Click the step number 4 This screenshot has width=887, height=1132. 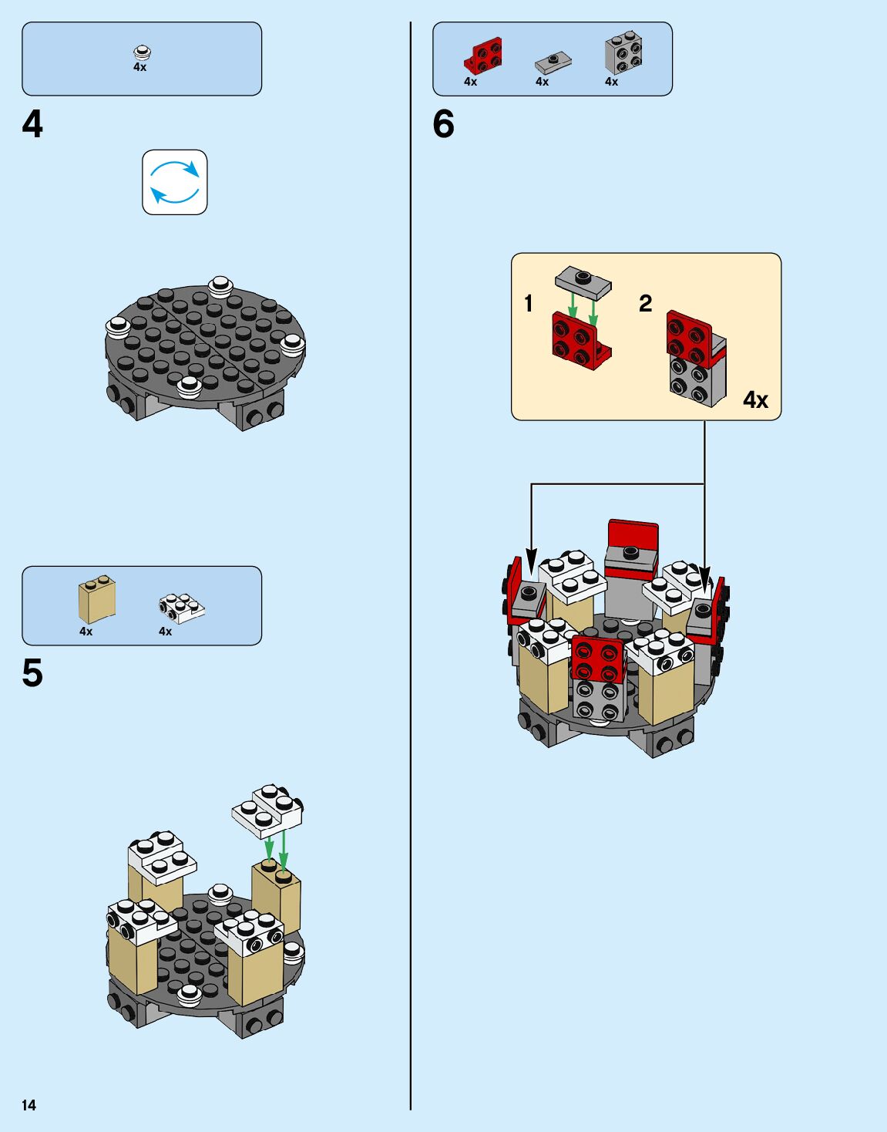(32, 125)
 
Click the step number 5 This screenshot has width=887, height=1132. (32, 673)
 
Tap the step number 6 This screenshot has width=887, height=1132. (443, 125)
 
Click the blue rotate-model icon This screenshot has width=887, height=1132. (175, 182)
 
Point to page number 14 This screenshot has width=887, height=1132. (29, 1105)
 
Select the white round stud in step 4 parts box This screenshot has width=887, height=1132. (142, 52)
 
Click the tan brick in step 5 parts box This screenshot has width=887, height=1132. (97, 600)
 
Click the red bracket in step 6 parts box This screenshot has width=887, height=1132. (484, 56)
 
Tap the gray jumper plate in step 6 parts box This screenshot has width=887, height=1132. (553, 60)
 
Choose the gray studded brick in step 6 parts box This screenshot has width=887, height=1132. (623, 53)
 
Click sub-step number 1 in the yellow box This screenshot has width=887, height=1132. (529, 304)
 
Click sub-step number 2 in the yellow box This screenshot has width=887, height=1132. (645, 303)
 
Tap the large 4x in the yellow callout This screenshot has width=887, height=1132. (755, 399)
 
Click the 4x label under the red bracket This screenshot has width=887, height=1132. (470, 82)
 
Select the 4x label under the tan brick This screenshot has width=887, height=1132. (86, 632)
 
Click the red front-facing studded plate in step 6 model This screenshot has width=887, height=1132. (597, 659)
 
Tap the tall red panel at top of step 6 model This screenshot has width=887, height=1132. (633, 535)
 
